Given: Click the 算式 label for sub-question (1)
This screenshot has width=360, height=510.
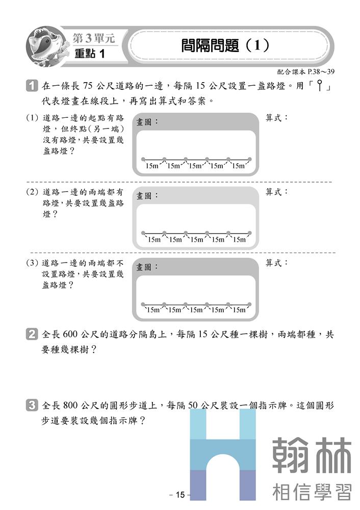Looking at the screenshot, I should (x=277, y=118).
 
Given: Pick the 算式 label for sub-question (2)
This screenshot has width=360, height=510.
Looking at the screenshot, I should (x=277, y=192).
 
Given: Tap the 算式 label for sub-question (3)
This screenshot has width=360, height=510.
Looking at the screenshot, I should (x=277, y=263).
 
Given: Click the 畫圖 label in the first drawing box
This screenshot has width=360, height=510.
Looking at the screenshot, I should (x=147, y=122).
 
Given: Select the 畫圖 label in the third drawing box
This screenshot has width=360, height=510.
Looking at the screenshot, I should (x=147, y=267).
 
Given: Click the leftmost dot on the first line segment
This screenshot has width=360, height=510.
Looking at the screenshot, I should (x=143, y=159).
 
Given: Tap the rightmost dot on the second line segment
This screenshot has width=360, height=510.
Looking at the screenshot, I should (x=250, y=233).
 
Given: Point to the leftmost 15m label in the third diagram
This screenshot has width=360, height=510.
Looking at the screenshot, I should (x=154, y=310).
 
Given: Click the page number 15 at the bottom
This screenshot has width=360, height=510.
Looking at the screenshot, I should (x=179, y=495).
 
